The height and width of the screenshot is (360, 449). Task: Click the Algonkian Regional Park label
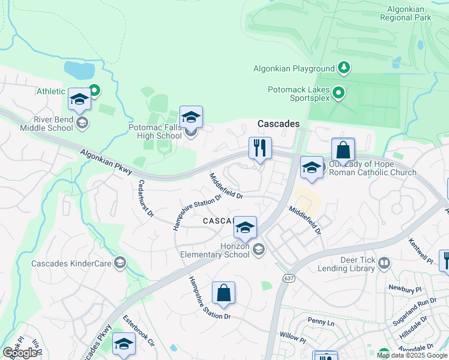(x=405, y=13)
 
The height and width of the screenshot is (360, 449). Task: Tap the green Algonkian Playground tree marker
(x=344, y=67)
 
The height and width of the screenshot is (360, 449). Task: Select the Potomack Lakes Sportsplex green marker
(x=338, y=93)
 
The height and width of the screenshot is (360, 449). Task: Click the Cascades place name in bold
(x=279, y=124)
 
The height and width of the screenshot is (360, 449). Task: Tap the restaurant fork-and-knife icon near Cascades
(x=260, y=148)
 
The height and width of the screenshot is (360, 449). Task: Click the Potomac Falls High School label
(x=155, y=131)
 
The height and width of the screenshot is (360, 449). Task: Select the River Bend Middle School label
(x=46, y=124)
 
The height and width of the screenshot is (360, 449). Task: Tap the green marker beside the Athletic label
(x=94, y=91)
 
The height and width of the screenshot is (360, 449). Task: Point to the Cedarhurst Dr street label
(x=146, y=198)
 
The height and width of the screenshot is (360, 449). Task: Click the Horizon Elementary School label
(x=215, y=250)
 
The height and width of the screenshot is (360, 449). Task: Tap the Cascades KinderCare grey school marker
(x=121, y=263)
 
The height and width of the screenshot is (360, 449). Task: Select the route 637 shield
(x=288, y=278)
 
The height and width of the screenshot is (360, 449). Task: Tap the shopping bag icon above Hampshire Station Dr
(x=223, y=293)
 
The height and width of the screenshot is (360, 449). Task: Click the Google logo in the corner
(x=20, y=353)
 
